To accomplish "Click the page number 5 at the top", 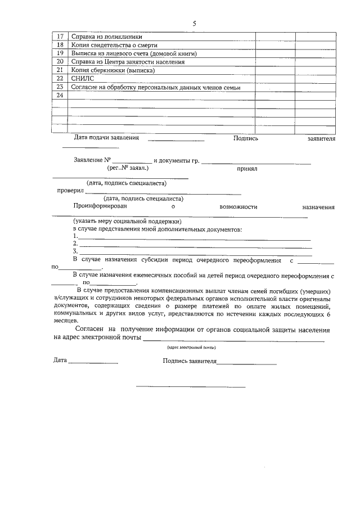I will [194, 24].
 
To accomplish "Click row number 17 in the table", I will [60, 37].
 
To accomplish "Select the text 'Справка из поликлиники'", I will [107, 37].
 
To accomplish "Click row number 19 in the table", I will [60, 53].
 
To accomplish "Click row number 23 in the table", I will [60, 88].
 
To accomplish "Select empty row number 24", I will [60, 96].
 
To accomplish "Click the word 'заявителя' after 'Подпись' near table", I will [321, 138].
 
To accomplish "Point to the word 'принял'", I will [246, 168].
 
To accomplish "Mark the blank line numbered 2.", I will [194, 246].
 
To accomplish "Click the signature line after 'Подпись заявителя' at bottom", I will [246, 364].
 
